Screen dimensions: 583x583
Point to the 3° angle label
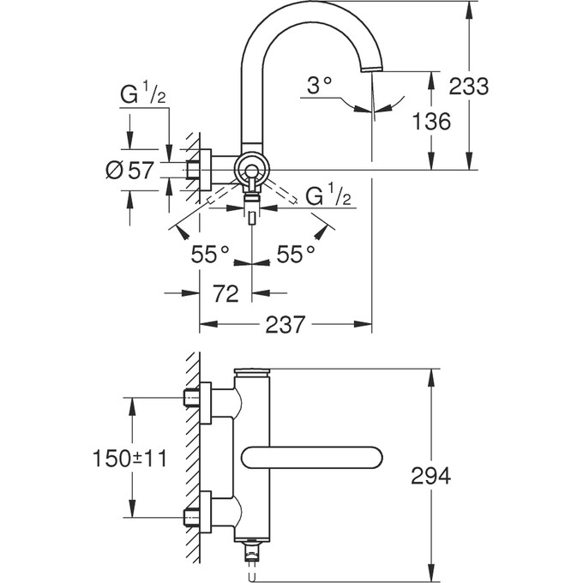(x=319, y=86)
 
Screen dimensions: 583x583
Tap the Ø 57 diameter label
(x=129, y=170)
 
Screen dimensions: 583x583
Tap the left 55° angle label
(x=209, y=254)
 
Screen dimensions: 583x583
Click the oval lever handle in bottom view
(x=313, y=458)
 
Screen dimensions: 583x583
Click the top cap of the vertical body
(x=253, y=373)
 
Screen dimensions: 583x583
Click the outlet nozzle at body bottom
(x=252, y=548)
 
